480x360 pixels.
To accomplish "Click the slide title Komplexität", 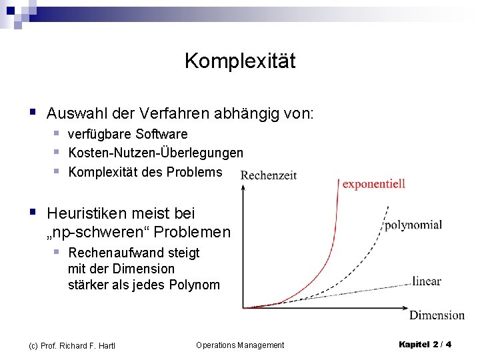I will (239, 61).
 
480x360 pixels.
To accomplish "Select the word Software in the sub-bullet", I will (162, 135).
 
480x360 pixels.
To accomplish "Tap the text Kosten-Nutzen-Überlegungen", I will (155, 153).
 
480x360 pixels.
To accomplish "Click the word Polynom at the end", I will (194, 285).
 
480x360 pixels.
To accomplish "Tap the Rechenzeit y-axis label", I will (268, 175).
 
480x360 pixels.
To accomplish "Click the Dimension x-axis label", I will (437, 315).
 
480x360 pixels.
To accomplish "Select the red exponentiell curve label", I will (373, 184).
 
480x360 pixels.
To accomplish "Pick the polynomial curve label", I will (413, 225).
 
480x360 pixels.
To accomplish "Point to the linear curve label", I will (426, 281).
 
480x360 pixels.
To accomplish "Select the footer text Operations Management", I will (240, 345).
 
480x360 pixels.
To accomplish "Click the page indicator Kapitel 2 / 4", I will (425, 345).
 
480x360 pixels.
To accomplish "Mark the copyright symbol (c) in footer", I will (33, 345).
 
